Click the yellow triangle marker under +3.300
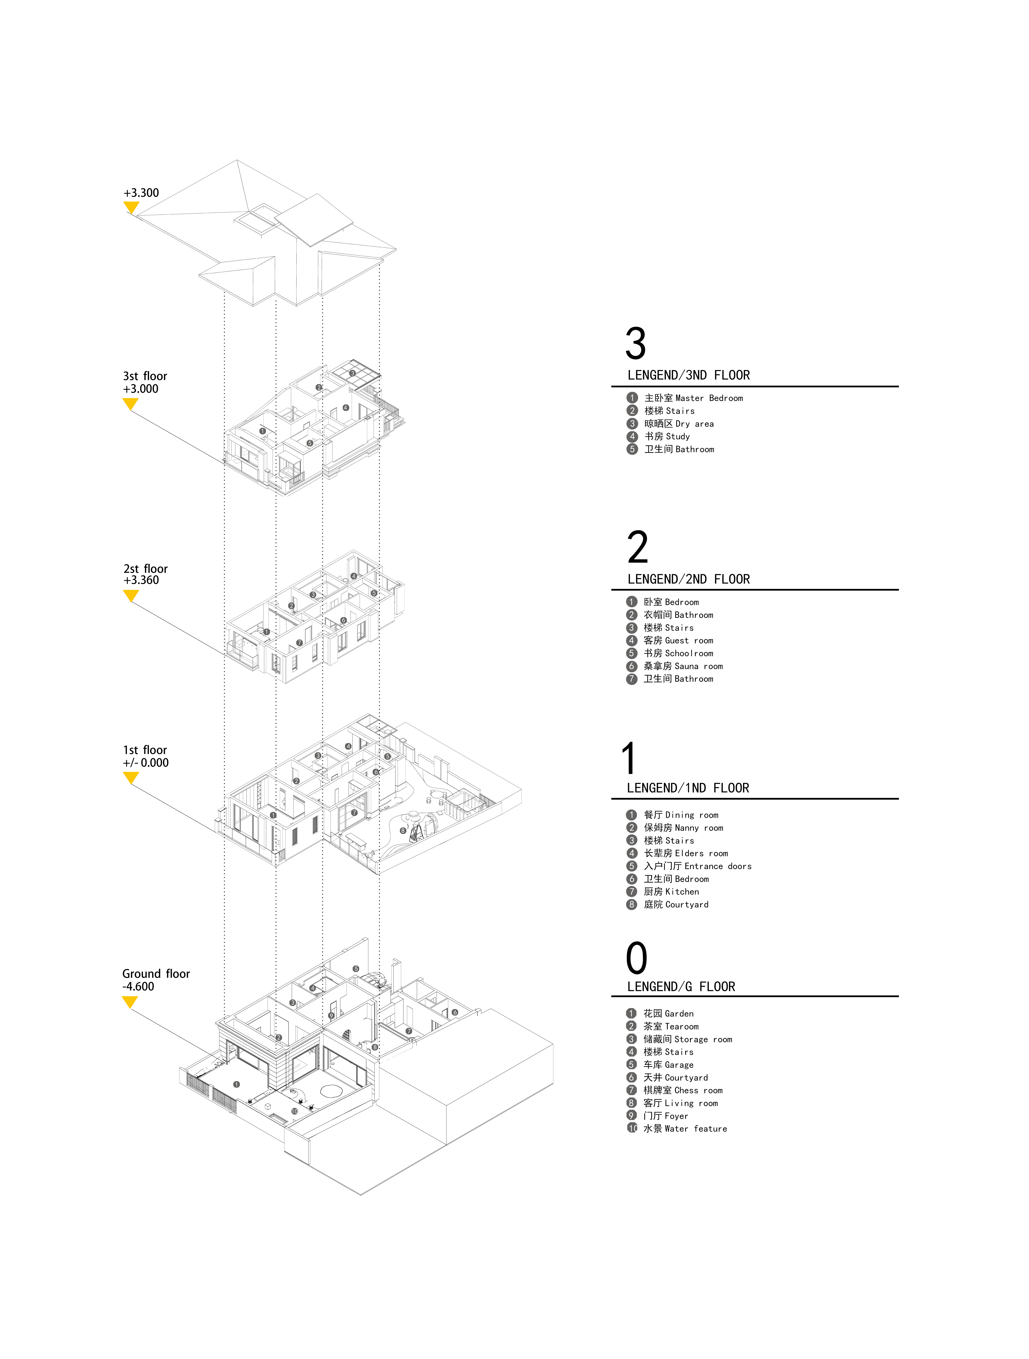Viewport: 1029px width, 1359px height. pos(131,207)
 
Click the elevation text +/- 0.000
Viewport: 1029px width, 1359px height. pos(146,762)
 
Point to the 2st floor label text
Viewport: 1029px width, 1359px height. pos(146,568)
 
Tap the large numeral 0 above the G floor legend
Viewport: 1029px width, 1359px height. pos(637,958)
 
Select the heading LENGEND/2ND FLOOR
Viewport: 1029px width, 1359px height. pos(688,579)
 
